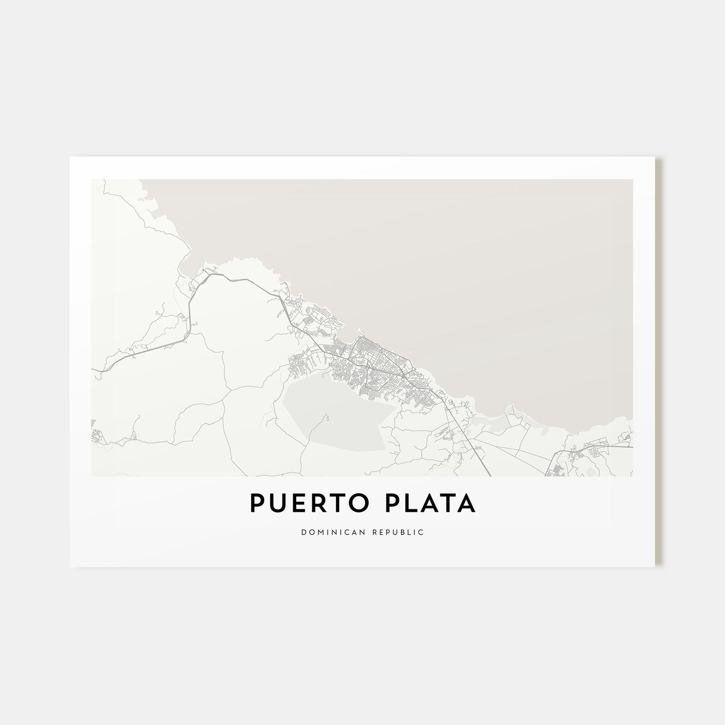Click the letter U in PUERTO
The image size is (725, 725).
[x=277, y=503]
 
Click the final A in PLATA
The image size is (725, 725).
[x=466, y=503]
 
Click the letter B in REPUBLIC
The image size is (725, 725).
[x=405, y=532]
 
